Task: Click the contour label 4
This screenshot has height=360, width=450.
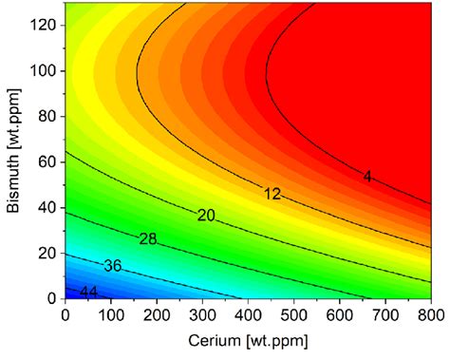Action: click(x=367, y=177)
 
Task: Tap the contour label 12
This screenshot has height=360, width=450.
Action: click(x=273, y=194)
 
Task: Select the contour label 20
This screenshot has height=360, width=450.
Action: click(x=207, y=216)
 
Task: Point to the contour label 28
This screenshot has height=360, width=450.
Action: click(x=148, y=238)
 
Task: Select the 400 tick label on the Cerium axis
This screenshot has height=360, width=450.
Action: click(x=249, y=313)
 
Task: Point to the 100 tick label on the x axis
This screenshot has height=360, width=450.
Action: click(x=110, y=313)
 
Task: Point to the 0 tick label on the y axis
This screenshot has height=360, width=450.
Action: click(x=51, y=298)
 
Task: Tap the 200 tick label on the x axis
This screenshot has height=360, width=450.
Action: click(x=157, y=313)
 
